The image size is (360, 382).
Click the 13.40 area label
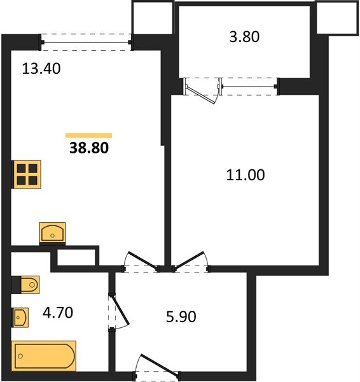pos(41,69)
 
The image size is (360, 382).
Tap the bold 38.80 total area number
pos(89,148)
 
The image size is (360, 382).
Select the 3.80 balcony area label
pos(244,37)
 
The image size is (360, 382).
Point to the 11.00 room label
pos(246,174)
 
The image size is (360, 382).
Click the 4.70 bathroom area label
pos(58,313)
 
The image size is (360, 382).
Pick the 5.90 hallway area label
pos(181,316)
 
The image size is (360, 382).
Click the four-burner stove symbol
pos(27,174)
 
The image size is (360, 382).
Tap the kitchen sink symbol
pos(52,232)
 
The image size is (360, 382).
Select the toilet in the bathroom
pos(25,285)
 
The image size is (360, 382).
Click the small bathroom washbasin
pos(20,317)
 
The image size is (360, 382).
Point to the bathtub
pos(44,356)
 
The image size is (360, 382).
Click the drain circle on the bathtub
pos(20,356)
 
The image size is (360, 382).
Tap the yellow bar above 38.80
pos(88,136)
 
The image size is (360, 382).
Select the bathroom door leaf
pos(120,310)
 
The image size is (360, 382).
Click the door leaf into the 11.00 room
pos(189,260)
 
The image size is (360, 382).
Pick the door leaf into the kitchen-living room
pos(143,260)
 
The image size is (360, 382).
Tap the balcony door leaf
pos(201,94)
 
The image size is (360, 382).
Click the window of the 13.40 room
pos(86,43)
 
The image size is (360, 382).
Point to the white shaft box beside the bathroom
pos(76,257)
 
